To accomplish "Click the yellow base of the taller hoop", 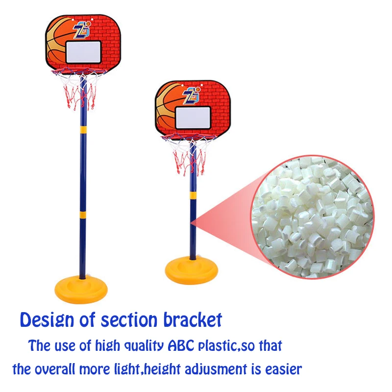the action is click(81, 289).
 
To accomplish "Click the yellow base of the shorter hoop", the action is click(191, 270).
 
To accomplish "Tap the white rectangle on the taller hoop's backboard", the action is click(83, 52).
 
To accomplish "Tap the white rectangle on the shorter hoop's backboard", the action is click(193, 118).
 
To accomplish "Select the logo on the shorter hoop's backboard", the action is click(192, 95).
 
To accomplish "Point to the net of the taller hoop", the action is click(79, 89).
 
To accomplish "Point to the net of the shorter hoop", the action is click(189, 154).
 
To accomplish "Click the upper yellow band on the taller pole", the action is click(83, 129).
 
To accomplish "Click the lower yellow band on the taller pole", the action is click(83, 215).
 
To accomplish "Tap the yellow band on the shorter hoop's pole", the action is click(193, 195).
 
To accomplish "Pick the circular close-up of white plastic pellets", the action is click(312, 217).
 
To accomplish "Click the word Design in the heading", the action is click(47, 320).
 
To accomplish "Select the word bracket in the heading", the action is click(193, 319).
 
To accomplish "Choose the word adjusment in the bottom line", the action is click(216, 369).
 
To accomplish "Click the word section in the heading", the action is click(129, 320).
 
